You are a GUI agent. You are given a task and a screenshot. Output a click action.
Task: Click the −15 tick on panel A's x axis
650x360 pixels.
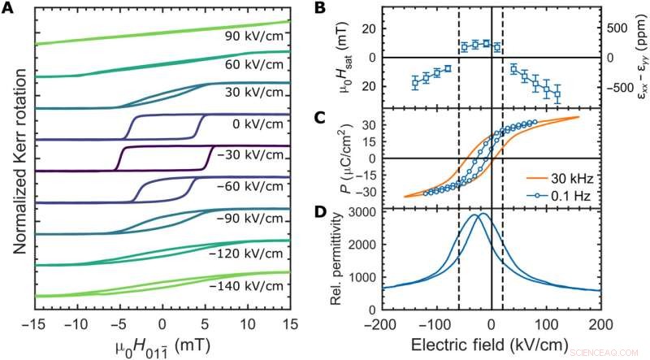[33, 323]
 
